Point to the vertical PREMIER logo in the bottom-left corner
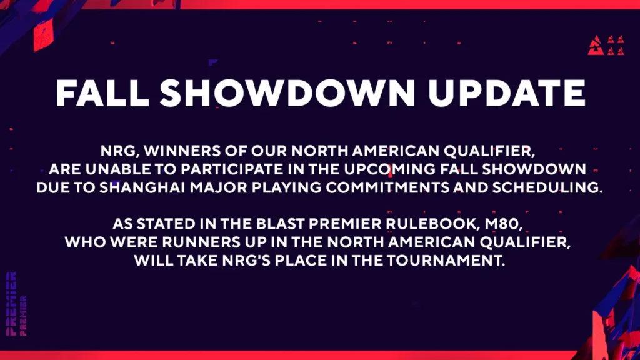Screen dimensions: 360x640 (11, 304)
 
